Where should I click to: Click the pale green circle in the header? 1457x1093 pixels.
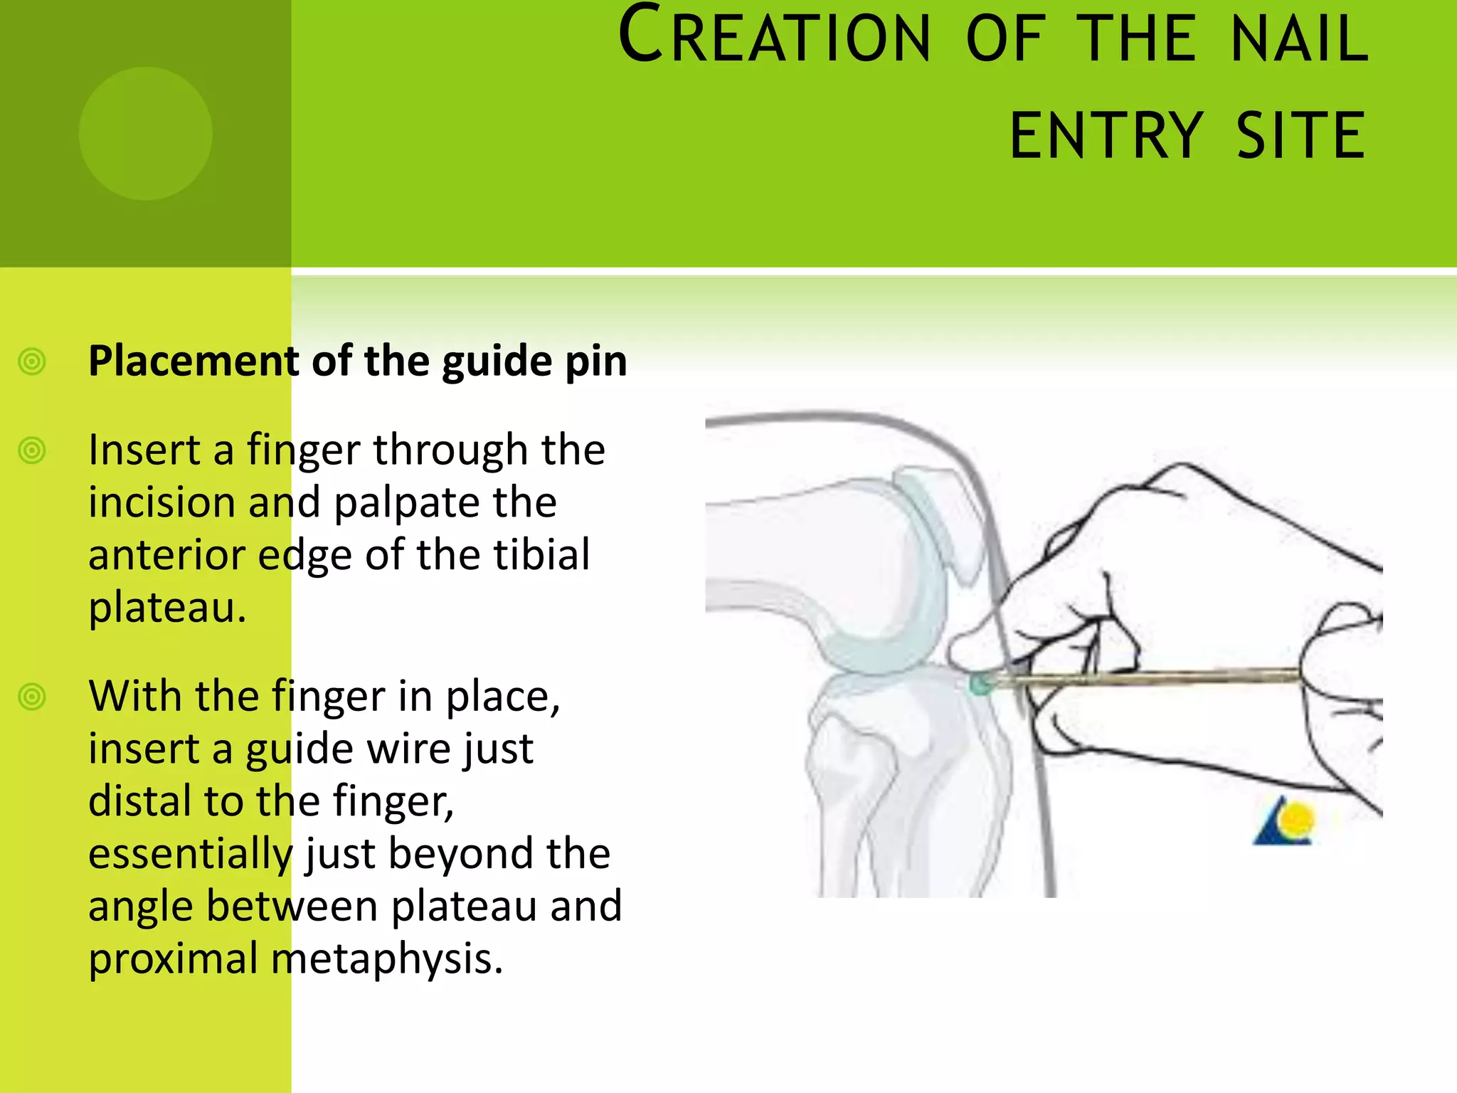click(x=145, y=133)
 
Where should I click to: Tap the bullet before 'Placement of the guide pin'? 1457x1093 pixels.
click(x=32, y=361)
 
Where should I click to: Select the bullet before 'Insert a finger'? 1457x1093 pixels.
click(x=32, y=450)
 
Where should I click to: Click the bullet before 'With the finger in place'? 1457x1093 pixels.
click(x=32, y=697)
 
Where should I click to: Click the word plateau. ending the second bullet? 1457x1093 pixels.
click(x=166, y=609)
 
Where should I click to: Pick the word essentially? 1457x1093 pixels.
click(x=190, y=854)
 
